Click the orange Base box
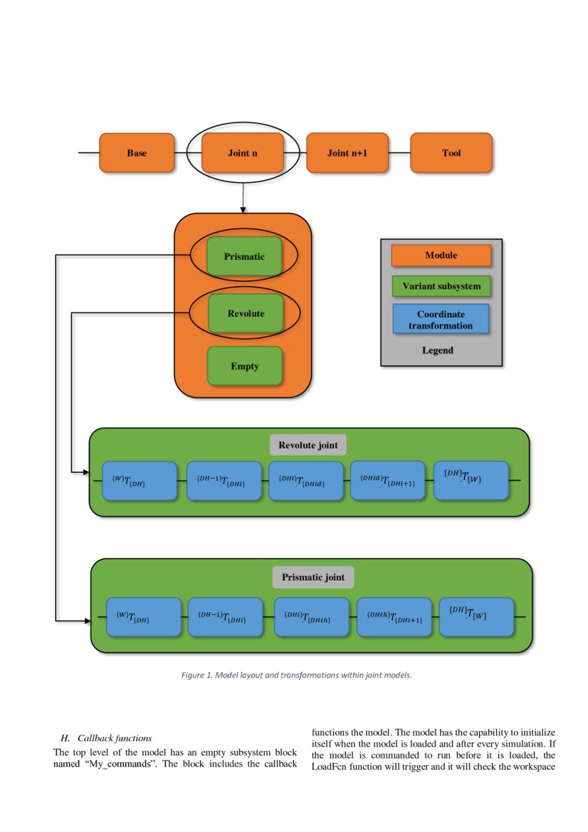pyautogui.click(x=137, y=153)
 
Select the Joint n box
pyautogui.click(x=243, y=153)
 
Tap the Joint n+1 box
pyautogui.click(x=347, y=153)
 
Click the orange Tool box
pyautogui.click(x=451, y=153)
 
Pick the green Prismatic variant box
pyautogui.click(x=244, y=256)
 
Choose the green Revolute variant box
pyautogui.click(x=246, y=313)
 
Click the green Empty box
pyautogui.click(x=245, y=366)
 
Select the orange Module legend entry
pyautogui.click(x=441, y=255)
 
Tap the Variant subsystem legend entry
pyautogui.click(x=441, y=286)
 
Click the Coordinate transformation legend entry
pyautogui.click(x=441, y=319)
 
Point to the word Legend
pyautogui.click(x=438, y=350)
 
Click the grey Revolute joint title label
pyautogui.click(x=308, y=446)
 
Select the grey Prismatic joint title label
pyautogui.click(x=313, y=576)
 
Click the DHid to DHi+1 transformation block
pyautogui.click(x=387, y=480)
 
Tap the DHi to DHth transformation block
pyautogui.click(x=312, y=616)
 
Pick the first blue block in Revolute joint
pyautogui.click(x=140, y=480)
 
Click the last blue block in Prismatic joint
pyautogui.click(x=476, y=616)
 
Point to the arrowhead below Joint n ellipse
pyautogui.click(x=243, y=209)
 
